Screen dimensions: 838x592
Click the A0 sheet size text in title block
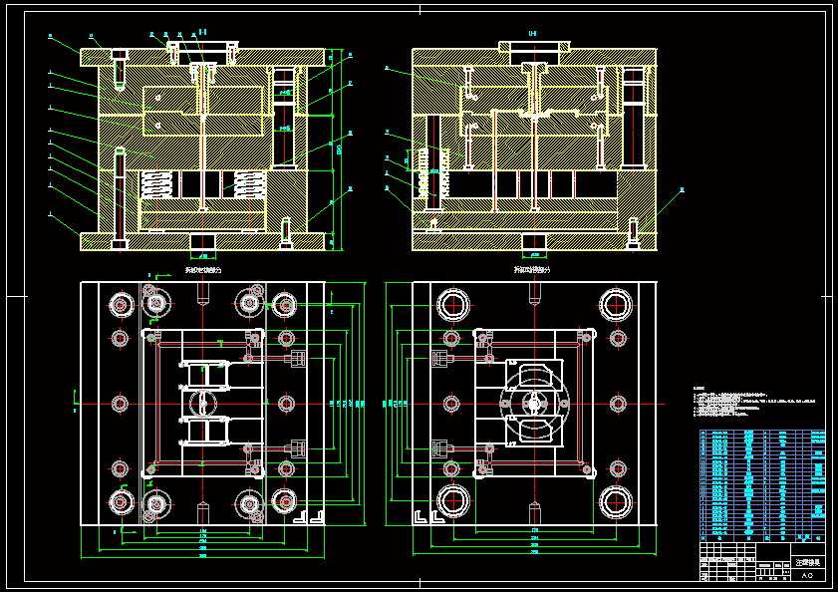pos(807,575)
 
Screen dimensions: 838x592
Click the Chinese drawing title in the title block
pos(807,563)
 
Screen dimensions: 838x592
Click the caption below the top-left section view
pos(203,269)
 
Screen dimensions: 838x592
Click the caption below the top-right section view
pos(532,269)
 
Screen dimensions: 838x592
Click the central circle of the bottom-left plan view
pos(203,404)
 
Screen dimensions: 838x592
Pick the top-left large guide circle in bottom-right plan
pos(453,304)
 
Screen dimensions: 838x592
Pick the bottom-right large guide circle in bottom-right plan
pos(616,501)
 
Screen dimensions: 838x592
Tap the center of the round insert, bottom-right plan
pos(534,404)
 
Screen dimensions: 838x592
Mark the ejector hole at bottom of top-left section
pos(203,241)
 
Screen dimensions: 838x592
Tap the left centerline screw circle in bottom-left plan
pos(120,404)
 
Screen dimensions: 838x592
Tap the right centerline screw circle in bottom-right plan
pos(618,404)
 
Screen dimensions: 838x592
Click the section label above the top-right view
pos(532,33)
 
